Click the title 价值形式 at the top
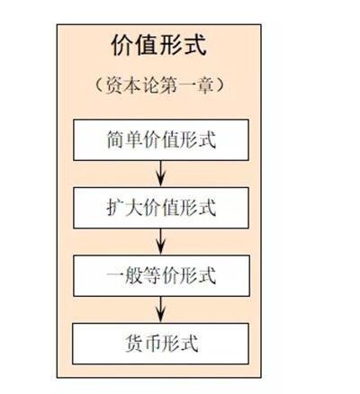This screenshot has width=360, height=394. click(158, 45)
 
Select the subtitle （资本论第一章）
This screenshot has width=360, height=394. click(159, 85)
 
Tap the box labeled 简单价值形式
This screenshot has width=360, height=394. click(161, 139)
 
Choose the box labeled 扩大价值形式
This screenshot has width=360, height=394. click(161, 208)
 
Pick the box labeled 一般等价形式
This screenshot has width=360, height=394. click(161, 275)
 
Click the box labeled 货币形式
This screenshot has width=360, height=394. click(161, 344)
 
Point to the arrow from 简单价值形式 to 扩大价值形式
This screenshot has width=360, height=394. click(161, 174)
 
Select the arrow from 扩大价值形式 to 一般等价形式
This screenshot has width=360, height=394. click(161, 242)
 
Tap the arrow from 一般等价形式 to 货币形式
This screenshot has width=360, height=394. click(161, 309)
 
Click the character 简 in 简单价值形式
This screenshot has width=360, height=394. click(115, 139)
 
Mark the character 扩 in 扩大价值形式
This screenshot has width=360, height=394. click(115, 208)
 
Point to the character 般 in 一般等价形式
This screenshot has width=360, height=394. click(134, 276)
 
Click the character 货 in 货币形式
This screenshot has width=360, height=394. click(134, 344)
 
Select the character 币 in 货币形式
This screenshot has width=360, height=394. click(152, 344)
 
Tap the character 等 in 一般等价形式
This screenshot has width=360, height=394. click(152, 276)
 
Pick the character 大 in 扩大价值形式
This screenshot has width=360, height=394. click(134, 208)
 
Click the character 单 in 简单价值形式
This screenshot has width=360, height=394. click(134, 139)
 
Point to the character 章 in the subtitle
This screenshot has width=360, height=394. click(206, 85)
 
